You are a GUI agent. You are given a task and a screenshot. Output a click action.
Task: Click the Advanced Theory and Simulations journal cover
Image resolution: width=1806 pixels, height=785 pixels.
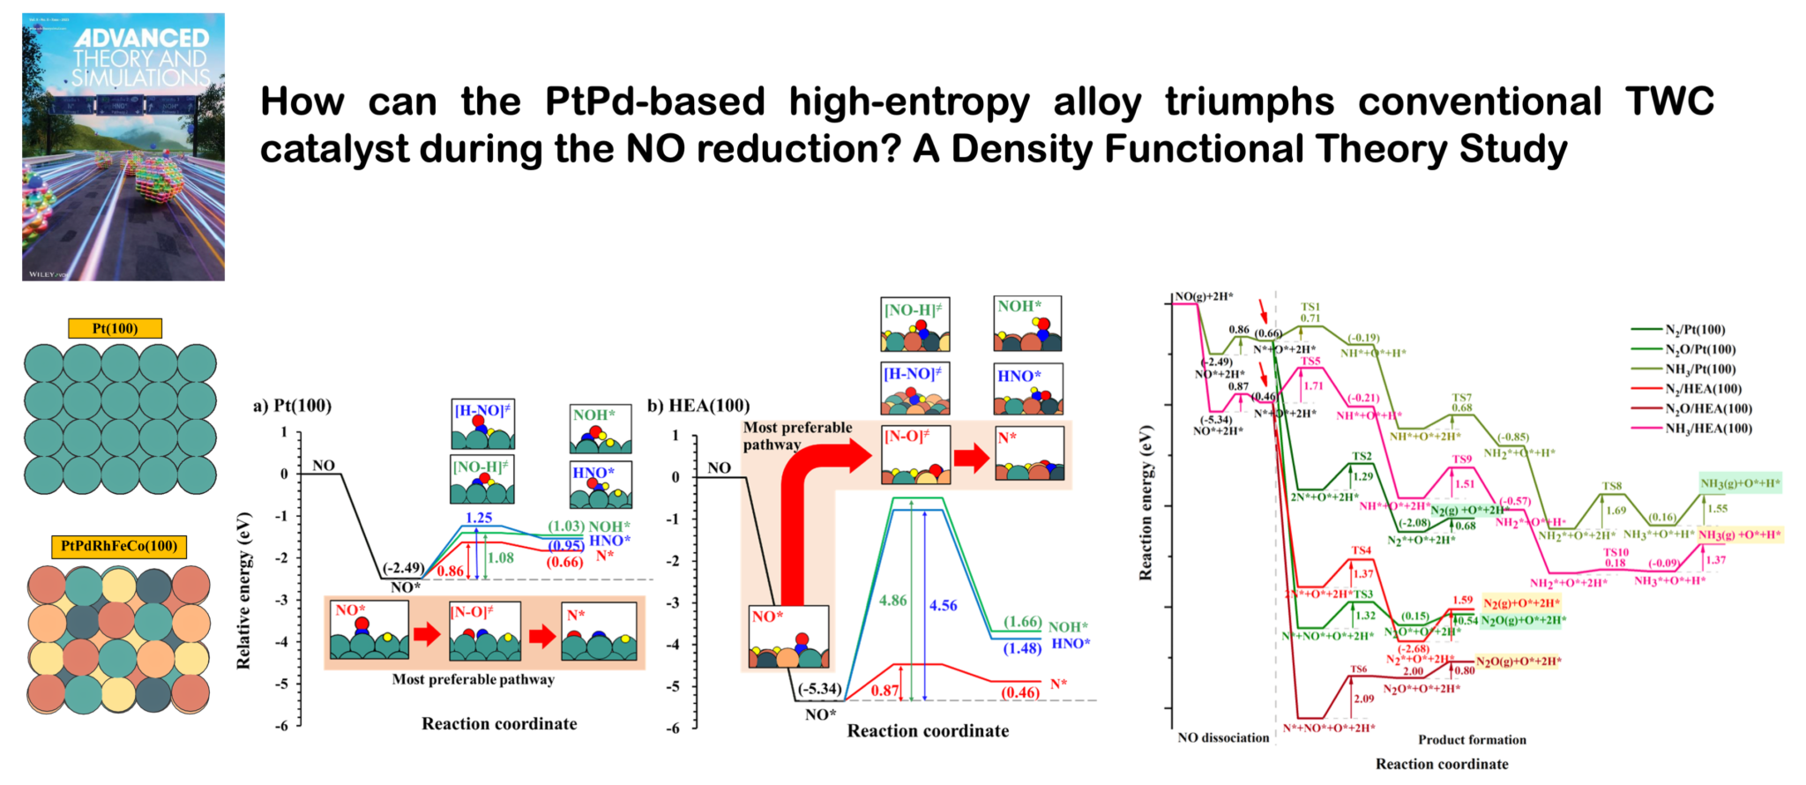coord(123,146)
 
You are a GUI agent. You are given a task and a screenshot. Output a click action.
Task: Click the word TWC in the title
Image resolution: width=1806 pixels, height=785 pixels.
coord(1669,101)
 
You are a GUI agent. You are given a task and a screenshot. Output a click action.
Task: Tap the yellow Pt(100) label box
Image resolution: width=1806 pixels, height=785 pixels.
coord(116,329)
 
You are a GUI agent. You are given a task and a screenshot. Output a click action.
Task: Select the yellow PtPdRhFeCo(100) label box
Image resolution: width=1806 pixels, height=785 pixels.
coord(119,546)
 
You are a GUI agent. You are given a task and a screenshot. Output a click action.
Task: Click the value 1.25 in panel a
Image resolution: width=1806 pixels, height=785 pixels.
coord(478,518)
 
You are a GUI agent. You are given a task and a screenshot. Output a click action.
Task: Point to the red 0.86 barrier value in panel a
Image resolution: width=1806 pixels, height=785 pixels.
coord(451,571)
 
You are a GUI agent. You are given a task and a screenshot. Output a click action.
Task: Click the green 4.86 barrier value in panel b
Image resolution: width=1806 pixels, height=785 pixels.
coord(892,601)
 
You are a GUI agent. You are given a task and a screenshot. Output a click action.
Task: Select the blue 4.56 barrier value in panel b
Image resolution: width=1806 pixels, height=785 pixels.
coord(943,605)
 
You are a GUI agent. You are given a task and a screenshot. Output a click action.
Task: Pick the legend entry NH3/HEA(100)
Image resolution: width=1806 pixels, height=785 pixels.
coord(1707,429)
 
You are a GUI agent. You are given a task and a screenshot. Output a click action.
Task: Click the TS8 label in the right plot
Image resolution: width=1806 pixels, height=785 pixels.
coord(1612,486)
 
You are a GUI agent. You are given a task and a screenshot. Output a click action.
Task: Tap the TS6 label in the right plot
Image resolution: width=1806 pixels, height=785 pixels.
coord(1358,669)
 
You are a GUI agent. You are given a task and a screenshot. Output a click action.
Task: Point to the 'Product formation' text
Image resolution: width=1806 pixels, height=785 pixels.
coord(1472,740)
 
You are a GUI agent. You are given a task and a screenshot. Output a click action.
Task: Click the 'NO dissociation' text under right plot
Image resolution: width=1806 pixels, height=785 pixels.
coord(1223,738)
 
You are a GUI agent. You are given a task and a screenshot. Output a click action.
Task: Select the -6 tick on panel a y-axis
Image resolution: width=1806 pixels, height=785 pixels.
coord(283,726)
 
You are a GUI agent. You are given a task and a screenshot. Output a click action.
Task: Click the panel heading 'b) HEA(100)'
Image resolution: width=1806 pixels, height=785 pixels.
coord(698,406)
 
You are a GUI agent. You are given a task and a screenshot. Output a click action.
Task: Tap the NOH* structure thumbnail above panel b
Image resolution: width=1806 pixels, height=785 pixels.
coord(1028,324)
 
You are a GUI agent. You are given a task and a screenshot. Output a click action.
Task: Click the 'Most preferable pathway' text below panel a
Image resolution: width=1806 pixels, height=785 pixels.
coord(474,679)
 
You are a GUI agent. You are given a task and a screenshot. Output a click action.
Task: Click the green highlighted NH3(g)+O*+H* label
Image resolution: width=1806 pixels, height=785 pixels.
coord(1740,482)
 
